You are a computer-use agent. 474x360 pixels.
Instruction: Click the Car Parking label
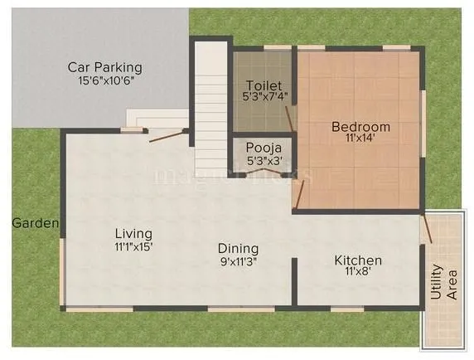pos(105,67)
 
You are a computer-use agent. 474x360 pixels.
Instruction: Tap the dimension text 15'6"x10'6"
pos(106,81)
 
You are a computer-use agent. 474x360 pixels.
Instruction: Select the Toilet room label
pos(264,86)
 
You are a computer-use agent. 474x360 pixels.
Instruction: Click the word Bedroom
pos(360,127)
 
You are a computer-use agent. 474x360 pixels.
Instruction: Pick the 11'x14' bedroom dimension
pos(360,140)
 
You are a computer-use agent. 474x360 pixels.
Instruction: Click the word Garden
pos(35,223)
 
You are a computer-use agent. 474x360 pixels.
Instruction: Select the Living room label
pos(134,233)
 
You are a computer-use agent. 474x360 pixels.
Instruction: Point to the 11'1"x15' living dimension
pos(134,246)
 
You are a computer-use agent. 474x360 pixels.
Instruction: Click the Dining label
pos(238,248)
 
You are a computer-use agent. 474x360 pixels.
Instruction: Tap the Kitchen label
pos(358,260)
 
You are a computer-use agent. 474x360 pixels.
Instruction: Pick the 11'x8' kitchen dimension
pos(358,274)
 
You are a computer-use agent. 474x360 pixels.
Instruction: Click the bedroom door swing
pos(299,195)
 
